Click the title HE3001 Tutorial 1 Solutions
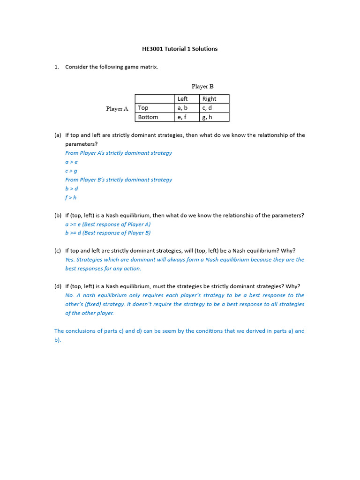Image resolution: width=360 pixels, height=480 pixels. pos(180,49)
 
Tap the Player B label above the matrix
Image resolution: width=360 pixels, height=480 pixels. pos(202,86)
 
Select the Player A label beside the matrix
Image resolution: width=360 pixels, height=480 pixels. pos(117,109)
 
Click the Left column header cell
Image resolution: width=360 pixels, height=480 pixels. pos(182,99)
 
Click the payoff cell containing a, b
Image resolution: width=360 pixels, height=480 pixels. pos(182,108)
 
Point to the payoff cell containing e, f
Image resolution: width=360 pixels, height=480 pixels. pos(182,117)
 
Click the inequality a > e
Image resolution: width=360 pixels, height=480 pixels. pos(71,162)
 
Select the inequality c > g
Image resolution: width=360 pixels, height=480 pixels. pos(71,171)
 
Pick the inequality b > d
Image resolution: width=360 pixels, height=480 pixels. pos(71,188)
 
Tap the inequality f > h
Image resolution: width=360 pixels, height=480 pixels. pos(71,197)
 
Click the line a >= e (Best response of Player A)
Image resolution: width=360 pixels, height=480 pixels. pos(108,224)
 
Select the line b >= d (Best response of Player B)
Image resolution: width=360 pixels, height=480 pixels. pos(108,233)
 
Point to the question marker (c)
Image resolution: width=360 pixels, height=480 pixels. pos(58,251)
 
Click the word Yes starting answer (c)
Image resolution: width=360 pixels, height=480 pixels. pos(70,260)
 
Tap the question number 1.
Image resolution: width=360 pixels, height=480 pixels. pos(56,67)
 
